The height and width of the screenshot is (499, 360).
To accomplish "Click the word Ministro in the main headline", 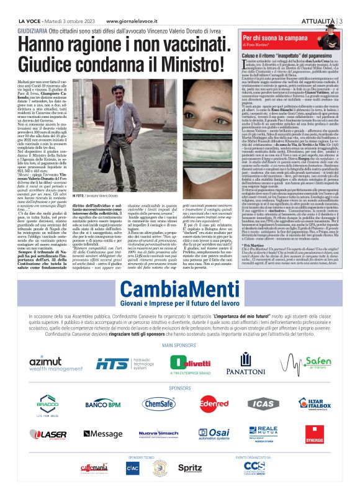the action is pyautogui.click(x=173, y=63).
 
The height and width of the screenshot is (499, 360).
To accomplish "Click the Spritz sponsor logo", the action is pyautogui.click(x=189, y=466).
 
